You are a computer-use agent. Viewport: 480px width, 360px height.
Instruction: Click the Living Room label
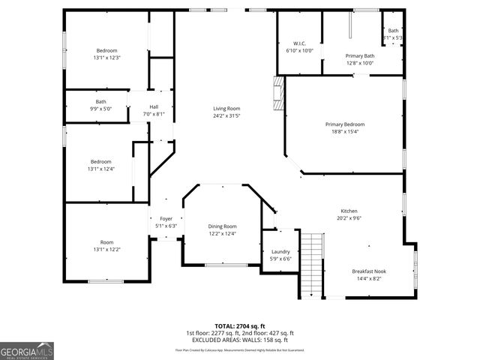click(x=226, y=109)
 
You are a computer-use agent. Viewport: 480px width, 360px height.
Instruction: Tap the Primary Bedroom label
click(x=344, y=124)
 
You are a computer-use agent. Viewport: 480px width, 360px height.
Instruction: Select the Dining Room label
click(x=222, y=226)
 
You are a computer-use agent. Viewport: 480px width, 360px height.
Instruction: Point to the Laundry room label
click(x=280, y=252)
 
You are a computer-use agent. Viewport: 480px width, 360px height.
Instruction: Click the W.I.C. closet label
click(x=299, y=43)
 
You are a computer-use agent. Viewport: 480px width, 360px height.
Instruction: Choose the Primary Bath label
click(x=359, y=55)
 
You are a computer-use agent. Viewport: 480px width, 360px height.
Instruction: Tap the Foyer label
click(x=165, y=219)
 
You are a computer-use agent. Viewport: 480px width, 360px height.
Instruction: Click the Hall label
click(x=153, y=106)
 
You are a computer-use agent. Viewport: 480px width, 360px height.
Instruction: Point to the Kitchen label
click(x=349, y=211)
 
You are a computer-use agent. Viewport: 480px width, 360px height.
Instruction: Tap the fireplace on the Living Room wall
click(x=279, y=93)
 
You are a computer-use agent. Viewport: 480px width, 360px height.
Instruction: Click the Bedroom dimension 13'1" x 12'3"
click(x=107, y=58)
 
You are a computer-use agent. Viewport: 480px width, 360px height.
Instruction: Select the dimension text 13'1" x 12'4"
click(x=101, y=169)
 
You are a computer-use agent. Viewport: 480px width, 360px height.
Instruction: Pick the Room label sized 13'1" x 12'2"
click(x=107, y=242)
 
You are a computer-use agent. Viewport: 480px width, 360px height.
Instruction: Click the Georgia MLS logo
click(x=27, y=350)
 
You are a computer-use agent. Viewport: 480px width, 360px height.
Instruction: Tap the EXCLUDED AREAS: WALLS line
click(x=240, y=339)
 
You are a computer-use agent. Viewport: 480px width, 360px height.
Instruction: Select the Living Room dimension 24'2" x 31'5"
click(x=226, y=116)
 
